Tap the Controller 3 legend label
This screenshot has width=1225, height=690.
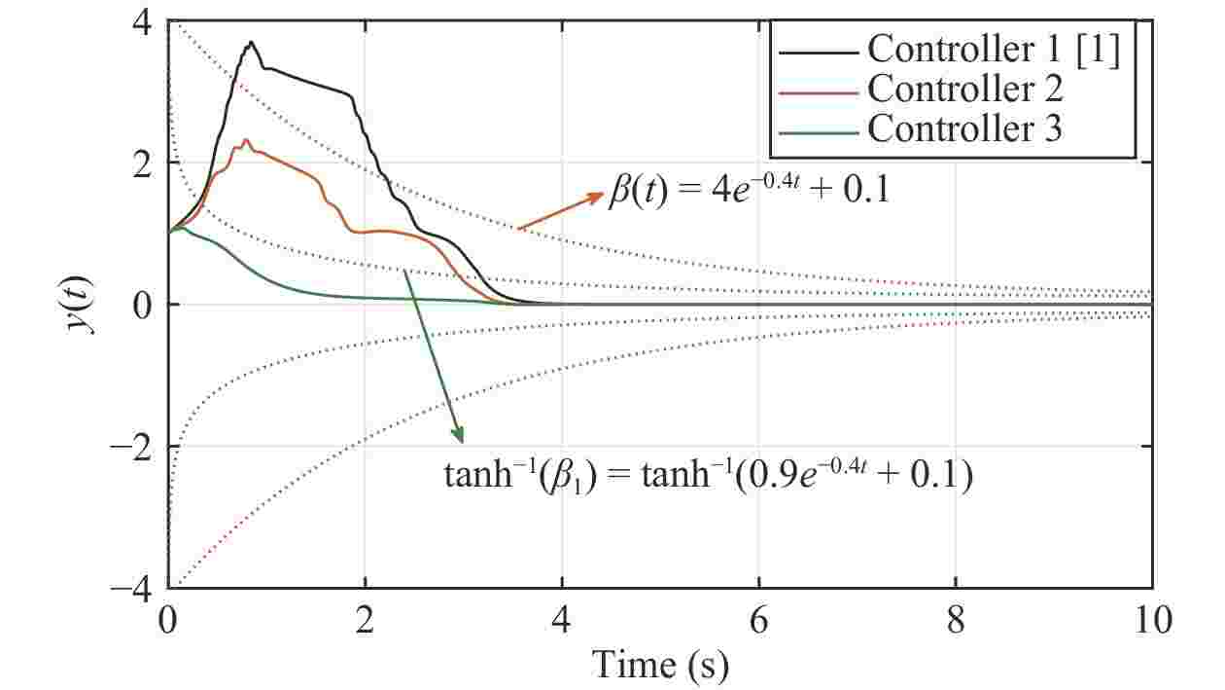point(964,128)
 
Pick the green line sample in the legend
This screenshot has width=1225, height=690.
point(818,129)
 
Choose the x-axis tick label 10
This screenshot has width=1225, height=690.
point(1152,619)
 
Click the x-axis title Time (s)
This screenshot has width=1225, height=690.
point(660,665)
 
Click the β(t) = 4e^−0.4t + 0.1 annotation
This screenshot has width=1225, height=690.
point(750,193)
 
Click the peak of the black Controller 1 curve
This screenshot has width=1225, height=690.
point(252,42)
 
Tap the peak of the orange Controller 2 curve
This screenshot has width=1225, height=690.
point(247,140)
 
